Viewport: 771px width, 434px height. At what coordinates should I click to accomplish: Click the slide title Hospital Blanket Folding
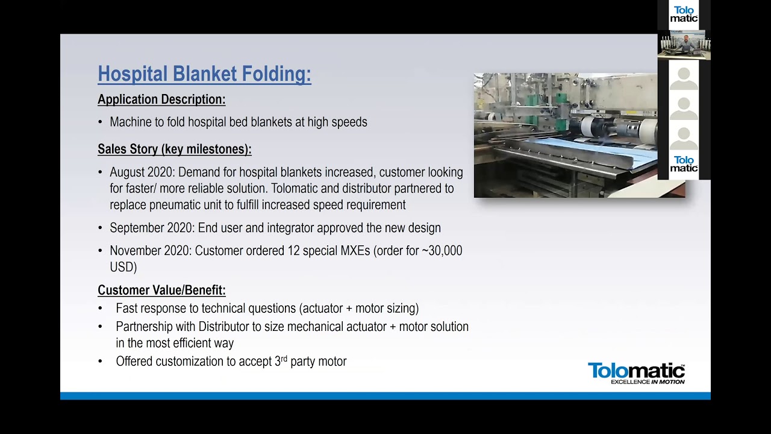[x=204, y=74]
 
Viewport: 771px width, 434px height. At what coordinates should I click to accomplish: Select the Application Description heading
[x=161, y=99]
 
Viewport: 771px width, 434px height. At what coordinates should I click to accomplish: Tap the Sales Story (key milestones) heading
[x=175, y=149]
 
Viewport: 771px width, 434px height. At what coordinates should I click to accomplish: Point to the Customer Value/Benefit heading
[x=161, y=290]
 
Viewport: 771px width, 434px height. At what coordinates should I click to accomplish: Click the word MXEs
[x=355, y=251]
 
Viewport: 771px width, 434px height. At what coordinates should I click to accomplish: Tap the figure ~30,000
[x=442, y=251]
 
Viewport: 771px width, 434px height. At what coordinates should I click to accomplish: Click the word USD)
[x=123, y=267]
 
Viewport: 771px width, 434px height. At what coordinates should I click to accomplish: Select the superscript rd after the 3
[x=284, y=359]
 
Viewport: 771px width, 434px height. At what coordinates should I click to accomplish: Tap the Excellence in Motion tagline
[x=648, y=382]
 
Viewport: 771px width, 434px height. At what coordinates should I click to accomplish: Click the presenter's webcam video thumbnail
[x=684, y=45]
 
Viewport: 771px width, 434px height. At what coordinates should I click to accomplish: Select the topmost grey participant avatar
[x=684, y=78]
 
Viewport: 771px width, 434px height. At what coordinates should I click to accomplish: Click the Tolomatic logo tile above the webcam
[x=684, y=14]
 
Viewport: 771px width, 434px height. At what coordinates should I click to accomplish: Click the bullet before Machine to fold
[x=100, y=122]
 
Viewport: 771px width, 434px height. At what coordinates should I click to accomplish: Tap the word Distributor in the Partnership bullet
[x=223, y=327]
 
